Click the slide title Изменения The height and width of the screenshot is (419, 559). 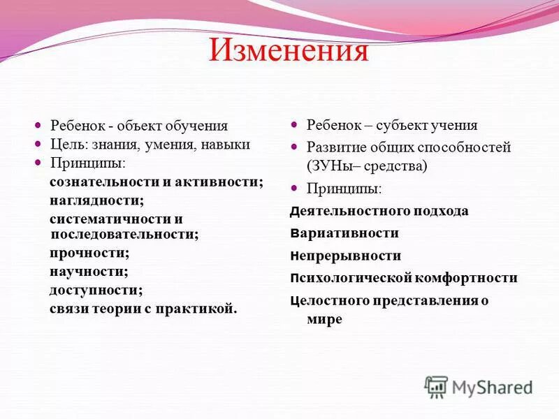(289, 52)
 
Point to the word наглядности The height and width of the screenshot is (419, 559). (96, 200)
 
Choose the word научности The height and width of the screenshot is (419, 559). (88, 271)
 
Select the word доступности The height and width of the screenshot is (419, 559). (95, 289)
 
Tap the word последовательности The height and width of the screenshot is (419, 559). (123, 235)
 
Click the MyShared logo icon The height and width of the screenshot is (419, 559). (436, 387)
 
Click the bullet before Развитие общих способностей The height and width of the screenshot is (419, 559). (294, 147)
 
